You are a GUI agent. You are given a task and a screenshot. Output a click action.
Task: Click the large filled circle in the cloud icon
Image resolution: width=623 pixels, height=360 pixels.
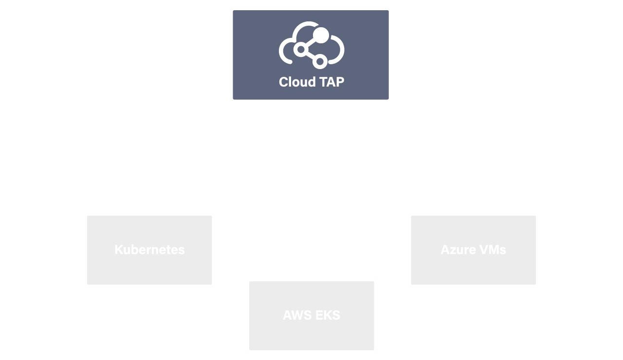click(321, 35)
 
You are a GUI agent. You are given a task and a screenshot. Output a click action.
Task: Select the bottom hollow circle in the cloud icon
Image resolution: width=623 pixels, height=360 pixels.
click(320, 61)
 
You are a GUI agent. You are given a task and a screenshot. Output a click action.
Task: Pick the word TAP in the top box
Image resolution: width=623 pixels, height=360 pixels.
click(331, 82)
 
